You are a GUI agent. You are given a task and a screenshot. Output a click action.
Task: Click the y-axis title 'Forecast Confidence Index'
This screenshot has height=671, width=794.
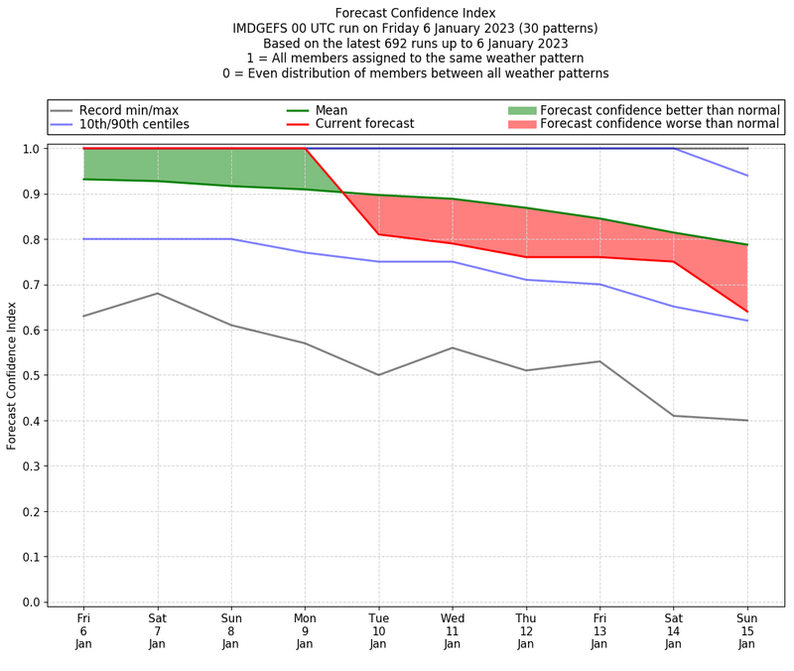pyautogui.click(x=12, y=374)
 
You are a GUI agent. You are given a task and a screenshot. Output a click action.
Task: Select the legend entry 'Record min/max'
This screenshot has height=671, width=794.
pyautogui.click(x=129, y=110)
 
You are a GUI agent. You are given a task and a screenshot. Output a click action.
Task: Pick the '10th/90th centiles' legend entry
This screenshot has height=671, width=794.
pyautogui.click(x=134, y=124)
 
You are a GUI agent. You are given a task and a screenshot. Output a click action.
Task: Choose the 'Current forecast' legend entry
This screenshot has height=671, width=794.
pyautogui.click(x=364, y=124)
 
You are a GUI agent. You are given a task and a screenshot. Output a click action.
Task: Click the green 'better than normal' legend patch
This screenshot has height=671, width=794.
pyautogui.click(x=521, y=110)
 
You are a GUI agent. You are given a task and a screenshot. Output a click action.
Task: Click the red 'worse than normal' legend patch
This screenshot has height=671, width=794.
pyautogui.click(x=521, y=124)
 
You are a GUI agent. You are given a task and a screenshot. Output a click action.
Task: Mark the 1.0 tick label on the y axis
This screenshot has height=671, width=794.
pyautogui.click(x=30, y=149)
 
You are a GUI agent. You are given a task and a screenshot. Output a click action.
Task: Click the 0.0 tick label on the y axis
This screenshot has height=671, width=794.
pyautogui.click(x=30, y=602)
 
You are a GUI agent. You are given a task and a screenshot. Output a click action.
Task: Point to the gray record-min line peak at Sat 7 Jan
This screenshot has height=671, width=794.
pyautogui.click(x=157, y=293)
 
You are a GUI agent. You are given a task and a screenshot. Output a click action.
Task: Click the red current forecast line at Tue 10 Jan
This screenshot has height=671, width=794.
pyautogui.click(x=378, y=234)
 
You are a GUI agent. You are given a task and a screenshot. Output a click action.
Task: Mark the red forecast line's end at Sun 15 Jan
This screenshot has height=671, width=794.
pyautogui.click(x=747, y=312)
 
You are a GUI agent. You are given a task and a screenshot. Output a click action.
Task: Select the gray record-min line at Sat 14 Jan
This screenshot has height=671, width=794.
pyautogui.click(x=673, y=416)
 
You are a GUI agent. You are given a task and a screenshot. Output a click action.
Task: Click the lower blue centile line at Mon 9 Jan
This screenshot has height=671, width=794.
pyautogui.click(x=305, y=252)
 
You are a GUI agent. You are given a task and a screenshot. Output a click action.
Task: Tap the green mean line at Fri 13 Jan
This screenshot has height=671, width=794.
pyautogui.click(x=599, y=218)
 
